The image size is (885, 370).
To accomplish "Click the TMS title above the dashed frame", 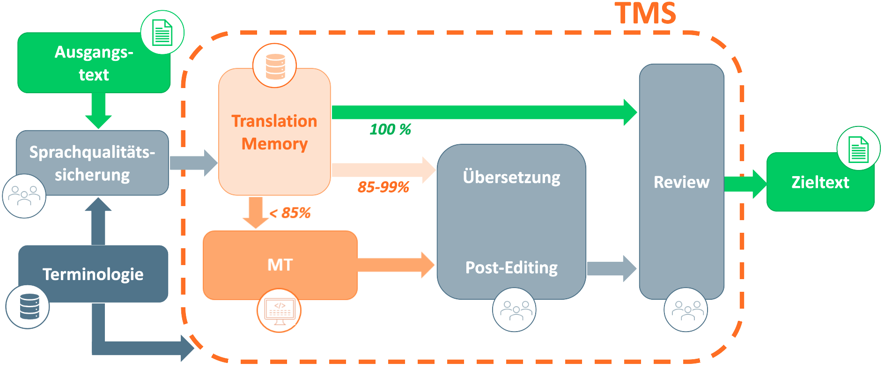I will pos(645,13).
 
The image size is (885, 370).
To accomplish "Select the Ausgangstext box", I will pos(94,63).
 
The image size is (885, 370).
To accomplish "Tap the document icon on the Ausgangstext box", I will pos(162,32).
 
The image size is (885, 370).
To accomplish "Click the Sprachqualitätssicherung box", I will pos(92,163).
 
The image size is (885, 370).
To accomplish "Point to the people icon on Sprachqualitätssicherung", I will pos(24,196).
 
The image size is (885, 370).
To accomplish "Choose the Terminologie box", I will pos(93,274).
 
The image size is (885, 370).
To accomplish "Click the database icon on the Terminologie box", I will pos(28,307).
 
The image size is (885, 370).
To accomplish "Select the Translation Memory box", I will pos(274,132).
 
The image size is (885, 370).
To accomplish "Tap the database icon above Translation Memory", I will pos(275,66).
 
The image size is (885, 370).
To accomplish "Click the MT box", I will pos(280,265).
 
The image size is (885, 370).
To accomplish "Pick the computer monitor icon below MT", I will pos(279,311).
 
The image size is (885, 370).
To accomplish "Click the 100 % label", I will pos(390,129).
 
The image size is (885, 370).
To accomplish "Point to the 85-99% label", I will pos(383,187).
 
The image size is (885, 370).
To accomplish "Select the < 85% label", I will pos(290,213).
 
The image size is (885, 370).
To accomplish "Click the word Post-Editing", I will pos(511,267).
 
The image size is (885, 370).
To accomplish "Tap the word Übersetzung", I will pos(511,178).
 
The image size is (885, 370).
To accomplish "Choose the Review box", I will pos(681,182).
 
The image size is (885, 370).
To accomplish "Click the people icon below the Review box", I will pos(686,310).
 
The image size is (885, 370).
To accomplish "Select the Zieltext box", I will pos(820,182).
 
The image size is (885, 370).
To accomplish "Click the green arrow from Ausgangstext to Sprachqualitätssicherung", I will pos(98,111).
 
